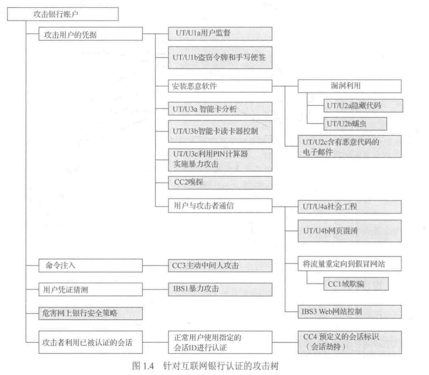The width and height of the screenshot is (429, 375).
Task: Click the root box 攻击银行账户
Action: [63, 14]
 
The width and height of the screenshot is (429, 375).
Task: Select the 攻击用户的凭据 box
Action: [90, 35]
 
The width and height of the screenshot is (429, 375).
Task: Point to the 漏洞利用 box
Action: [349, 86]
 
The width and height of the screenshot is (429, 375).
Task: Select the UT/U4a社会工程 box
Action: [349, 206]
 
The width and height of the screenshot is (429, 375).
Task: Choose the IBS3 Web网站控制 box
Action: [349, 311]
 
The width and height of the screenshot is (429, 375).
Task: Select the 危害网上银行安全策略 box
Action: [90, 312]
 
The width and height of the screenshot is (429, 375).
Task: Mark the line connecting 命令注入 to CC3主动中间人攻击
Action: [155, 267]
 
